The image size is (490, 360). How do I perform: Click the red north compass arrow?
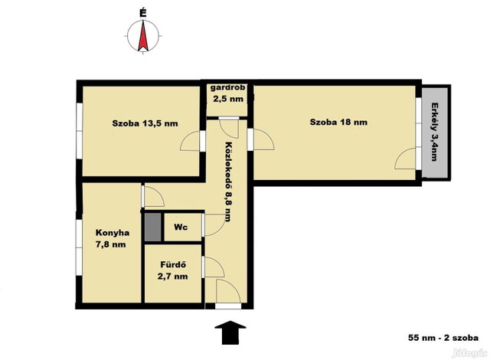click(143, 35)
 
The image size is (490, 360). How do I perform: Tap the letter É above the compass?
click(143, 13)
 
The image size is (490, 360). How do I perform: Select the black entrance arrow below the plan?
click(230, 332)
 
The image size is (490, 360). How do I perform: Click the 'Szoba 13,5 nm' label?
click(145, 123)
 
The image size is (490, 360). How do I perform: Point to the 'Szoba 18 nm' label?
click(338, 122)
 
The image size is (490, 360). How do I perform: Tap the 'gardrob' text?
click(227, 87)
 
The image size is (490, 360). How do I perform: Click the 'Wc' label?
click(181, 227)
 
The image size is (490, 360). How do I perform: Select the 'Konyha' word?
click(113, 233)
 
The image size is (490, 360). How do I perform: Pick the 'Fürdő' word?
click(173, 264)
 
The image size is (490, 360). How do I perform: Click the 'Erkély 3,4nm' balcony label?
click(434, 132)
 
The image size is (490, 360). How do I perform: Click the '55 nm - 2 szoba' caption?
click(443, 338)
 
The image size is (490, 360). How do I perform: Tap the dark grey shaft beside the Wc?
click(153, 227)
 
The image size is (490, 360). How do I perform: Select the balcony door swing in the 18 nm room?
click(407, 159)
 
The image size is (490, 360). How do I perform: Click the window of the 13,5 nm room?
click(80, 131)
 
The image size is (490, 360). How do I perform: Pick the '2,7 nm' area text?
click(173, 277)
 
